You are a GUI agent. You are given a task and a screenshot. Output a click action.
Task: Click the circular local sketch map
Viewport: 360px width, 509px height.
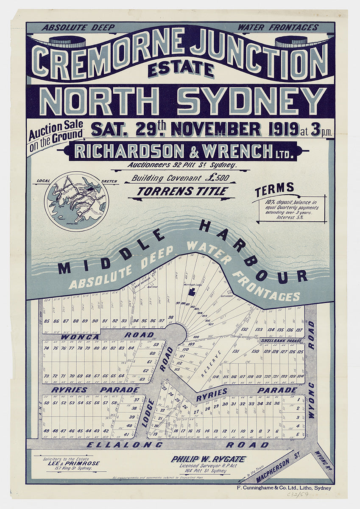click(x=76, y=201)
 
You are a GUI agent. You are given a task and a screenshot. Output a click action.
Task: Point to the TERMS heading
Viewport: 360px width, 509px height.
click(x=274, y=187)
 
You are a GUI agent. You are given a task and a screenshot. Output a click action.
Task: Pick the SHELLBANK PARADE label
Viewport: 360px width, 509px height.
click(x=281, y=341)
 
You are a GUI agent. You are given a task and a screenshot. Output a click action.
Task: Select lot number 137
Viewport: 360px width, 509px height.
click(x=300, y=330)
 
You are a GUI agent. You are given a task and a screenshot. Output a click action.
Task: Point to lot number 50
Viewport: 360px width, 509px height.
click(x=47, y=403)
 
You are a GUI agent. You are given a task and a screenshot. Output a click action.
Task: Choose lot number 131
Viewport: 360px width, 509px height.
click(x=236, y=351)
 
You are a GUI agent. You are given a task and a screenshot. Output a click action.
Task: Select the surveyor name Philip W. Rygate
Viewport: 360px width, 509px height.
click(x=208, y=459)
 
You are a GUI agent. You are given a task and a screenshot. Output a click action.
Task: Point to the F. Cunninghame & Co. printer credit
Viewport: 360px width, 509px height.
click(x=283, y=488)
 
